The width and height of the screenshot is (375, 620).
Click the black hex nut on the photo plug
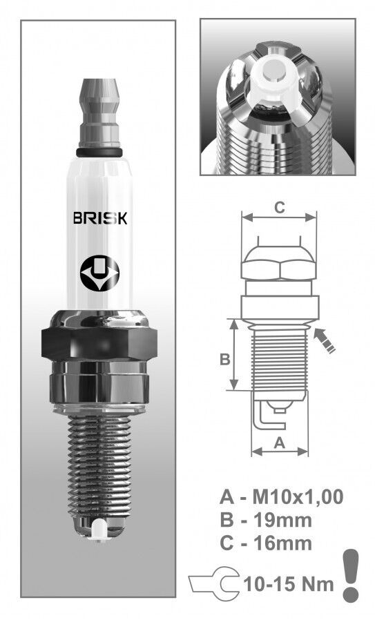click(99, 344)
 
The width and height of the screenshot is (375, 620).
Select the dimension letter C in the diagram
click(279, 206)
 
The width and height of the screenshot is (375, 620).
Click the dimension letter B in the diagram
click(224, 360)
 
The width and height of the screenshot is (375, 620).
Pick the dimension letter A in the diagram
click(280, 444)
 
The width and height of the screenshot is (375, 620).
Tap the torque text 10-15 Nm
click(287, 583)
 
